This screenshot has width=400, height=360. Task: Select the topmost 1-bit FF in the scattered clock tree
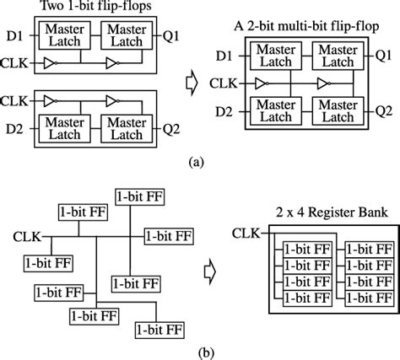point(140,195)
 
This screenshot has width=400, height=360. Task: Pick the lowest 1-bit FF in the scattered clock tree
point(160,327)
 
